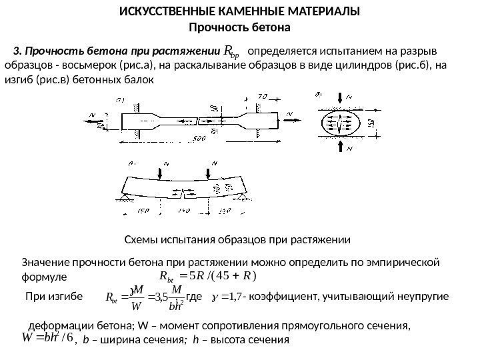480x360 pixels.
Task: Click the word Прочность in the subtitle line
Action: click(x=213, y=28)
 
